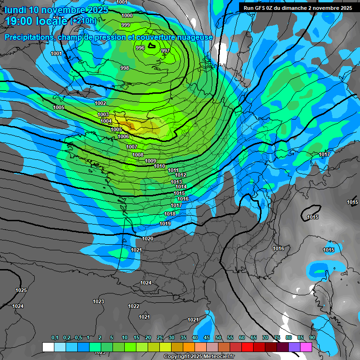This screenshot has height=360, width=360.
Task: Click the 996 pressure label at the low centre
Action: [140, 48]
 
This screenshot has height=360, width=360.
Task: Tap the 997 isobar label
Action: [165, 51]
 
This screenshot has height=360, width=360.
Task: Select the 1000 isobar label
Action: [127, 15]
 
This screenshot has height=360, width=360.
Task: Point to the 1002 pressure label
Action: [100, 103]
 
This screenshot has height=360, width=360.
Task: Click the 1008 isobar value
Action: [138, 155]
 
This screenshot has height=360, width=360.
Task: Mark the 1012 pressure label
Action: [180, 175]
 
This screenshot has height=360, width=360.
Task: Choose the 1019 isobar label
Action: [165, 224]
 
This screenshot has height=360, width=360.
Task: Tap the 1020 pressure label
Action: [148, 239]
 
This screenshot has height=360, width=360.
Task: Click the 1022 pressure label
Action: [134, 306]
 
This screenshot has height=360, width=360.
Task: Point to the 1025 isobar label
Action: [21, 290]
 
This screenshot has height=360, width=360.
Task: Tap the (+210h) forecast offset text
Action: [83, 21]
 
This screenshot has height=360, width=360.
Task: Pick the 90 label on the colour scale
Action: [312, 337]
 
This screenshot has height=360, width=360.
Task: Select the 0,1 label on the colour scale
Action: [54, 337]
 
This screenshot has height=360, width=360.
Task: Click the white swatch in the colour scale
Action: [48, 347]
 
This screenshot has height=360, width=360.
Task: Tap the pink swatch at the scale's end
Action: [306, 347]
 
